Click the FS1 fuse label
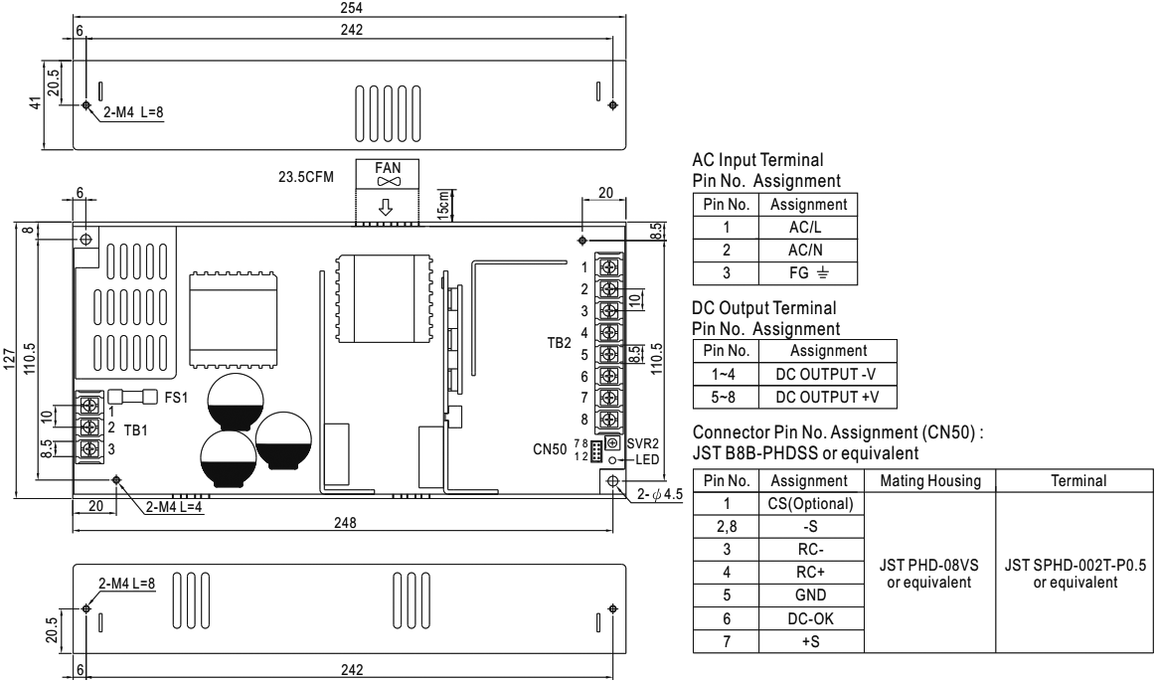coord(174,396)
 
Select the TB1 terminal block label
coord(137,434)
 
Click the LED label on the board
coord(647,458)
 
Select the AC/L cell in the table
coord(803,228)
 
